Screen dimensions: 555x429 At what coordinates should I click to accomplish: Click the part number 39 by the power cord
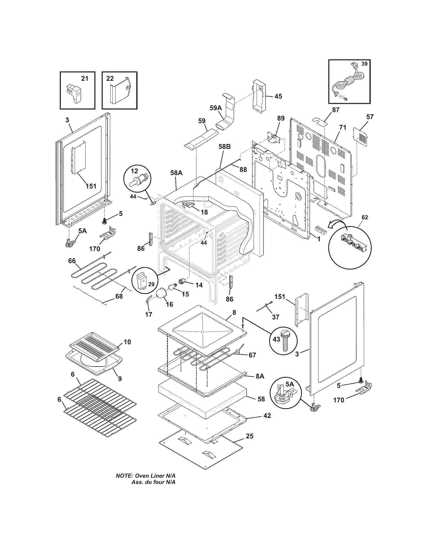click(x=364, y=64)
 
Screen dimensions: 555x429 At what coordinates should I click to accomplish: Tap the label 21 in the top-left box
click(x=85, y=78)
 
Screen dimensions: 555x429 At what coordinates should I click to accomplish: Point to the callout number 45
click(x=278, y=97)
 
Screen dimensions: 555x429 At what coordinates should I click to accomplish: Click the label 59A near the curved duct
click(x=216, y=108)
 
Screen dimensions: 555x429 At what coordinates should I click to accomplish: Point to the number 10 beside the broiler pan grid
click(x=127, y=342)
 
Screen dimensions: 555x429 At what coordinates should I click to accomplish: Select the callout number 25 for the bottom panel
click(x=250, y=436)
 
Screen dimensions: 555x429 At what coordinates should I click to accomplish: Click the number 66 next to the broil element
click(x=72, y=261)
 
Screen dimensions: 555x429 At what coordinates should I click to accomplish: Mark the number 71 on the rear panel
click(x=343, y=128)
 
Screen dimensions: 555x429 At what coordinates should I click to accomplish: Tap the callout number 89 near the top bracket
click(x=281, y=118)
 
